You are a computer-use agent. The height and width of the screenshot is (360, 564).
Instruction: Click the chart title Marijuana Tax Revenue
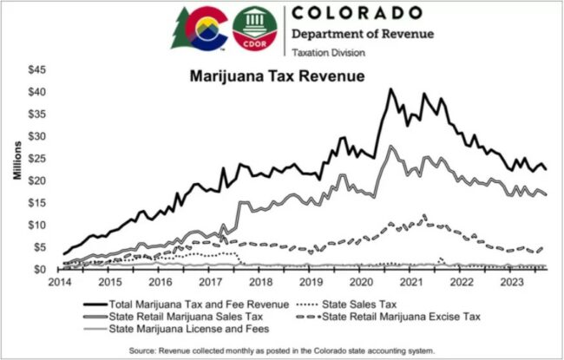tap(278, 76)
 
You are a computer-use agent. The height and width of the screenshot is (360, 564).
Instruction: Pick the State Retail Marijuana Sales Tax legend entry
tap(182, 317)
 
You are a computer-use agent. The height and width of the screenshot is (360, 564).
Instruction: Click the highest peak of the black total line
tap(390, 88)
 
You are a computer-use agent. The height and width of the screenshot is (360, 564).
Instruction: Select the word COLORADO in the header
tap(358, 14)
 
